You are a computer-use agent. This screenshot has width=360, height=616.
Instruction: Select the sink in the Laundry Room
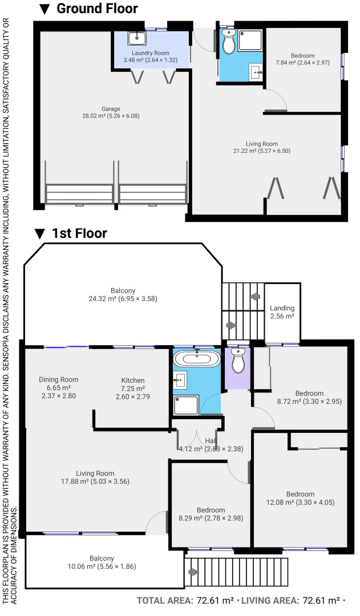pos(137,38)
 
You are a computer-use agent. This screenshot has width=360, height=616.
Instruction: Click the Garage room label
pos(111,112)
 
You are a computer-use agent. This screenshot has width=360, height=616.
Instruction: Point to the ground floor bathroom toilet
pos(229,43)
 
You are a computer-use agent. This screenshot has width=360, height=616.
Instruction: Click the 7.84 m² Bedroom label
pos(302,59)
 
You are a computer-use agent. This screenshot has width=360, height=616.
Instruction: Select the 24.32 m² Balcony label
pos(123,294)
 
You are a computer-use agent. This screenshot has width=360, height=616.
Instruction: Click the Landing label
pos(282,312)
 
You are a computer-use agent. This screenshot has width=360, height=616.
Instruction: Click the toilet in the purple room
pos(238,361)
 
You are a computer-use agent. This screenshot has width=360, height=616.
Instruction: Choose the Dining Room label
pos(59,387)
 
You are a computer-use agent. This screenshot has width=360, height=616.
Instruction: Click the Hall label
pos(211,440)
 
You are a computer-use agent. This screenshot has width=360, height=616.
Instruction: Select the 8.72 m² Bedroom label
pos(309,398)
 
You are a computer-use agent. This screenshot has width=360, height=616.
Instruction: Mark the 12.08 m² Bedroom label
pos(301,498)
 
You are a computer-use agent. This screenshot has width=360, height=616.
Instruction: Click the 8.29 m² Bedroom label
pos(211,514)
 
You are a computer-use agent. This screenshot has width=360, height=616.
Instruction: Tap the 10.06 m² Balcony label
pos(102,562)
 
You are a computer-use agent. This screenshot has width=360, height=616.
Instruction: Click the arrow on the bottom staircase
pos(194,572)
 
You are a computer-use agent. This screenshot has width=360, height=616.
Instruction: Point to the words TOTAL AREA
pos(165,601)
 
